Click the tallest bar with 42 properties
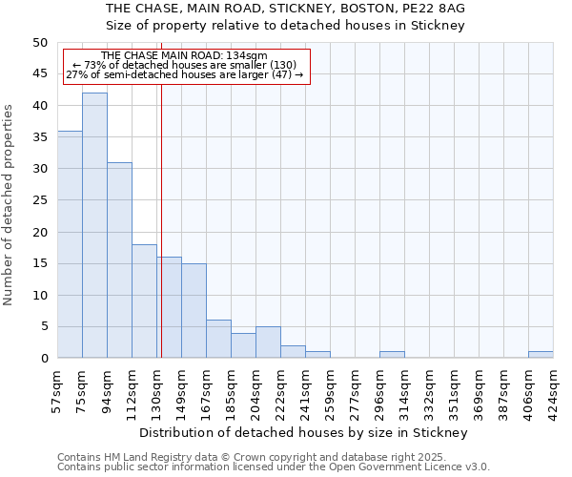[x=94, y=225]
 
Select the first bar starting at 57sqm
[x=70, y=244]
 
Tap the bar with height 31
[x=119, y=259]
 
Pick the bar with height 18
[x=144, y=301]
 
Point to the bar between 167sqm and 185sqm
[x=218, y=339]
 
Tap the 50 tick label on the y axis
[x=39, y=43]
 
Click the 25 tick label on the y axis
[x=39, y=200]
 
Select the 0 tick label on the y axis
[x=43, y=359]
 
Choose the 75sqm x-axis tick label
[x=82, y=388]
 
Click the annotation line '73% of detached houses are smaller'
[x=185, y=65]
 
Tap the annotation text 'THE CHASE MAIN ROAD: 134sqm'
[x=184, y=55]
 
